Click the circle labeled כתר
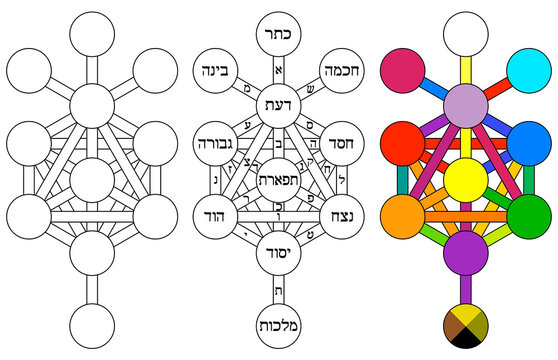coord(279,32)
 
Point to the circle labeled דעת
coord(279,103)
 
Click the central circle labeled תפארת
coord(279,181)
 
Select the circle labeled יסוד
coord(279,250)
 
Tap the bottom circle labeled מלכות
coord(279,325)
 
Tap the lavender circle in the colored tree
coord(464,103)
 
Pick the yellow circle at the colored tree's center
coord(464,181)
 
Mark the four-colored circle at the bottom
coord(464,325)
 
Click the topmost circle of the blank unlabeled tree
coord(94,32)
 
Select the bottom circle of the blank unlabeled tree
coord(94,325)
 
